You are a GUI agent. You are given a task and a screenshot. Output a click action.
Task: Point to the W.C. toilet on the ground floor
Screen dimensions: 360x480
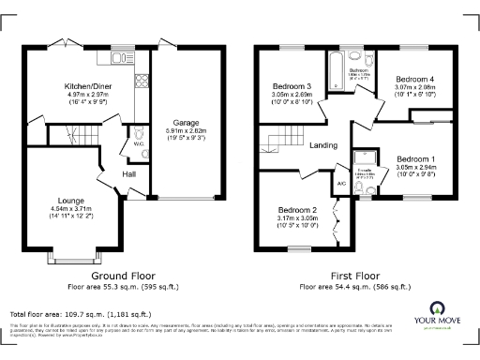pyautogui.click(x=138, y=134)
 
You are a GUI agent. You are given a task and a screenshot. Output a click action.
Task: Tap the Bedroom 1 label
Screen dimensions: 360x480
pyautogui.click(x=413, y=158)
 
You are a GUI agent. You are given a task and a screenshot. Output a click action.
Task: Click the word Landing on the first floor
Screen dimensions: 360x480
pyautogui.click(x=323, y=144)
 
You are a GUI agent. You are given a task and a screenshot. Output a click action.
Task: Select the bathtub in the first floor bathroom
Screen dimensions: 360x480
pyautogui.click(x=335, y=73)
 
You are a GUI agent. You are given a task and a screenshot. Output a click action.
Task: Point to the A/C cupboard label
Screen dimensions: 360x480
pyautogui.click(x=340, y=184)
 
